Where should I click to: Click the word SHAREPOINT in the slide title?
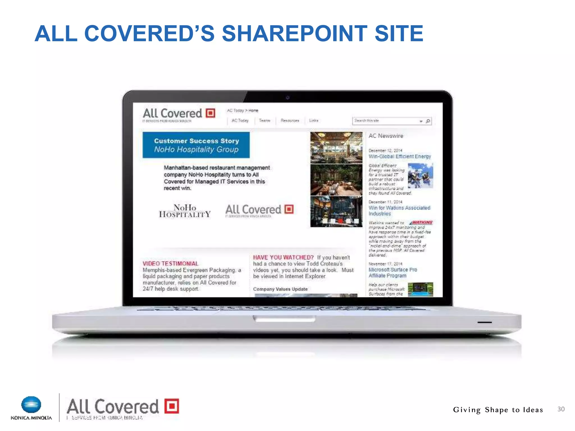294,33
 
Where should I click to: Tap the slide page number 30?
561,409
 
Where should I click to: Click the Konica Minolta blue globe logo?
31,405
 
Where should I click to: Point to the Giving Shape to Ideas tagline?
498,410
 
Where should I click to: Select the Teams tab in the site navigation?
264,121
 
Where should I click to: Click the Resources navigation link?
290,121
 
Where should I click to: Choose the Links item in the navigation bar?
314,121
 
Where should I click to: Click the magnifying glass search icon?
428,121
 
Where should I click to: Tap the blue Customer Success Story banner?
196,145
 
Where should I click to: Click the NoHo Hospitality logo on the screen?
185,211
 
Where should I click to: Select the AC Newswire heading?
386,136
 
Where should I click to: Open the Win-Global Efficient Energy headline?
400,157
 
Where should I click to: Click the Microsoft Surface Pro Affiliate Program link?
393,272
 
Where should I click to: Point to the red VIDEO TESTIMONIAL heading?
170,263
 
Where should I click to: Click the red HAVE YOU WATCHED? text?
283,257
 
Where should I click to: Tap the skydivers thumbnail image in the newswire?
420,176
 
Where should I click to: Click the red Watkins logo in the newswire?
421,223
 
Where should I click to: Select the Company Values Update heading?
280,289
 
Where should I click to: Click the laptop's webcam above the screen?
287,98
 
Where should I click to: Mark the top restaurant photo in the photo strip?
336,148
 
